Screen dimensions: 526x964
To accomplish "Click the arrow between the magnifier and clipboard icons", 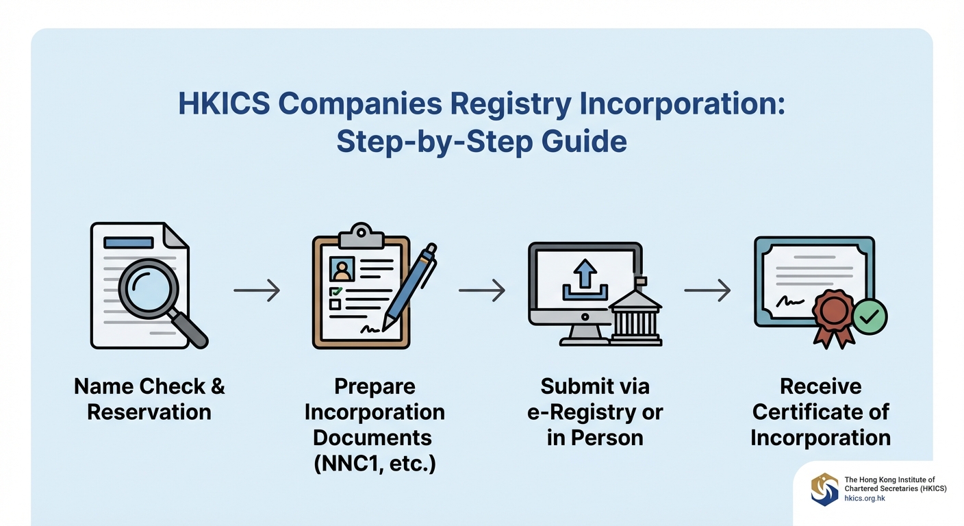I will click(x=257, y=290).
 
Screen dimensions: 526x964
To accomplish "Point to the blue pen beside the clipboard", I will click(x=410, y=287).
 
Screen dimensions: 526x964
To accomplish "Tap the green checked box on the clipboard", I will click(x=335, y=291).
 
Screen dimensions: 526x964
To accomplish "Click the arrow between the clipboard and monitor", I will click(x=481, y=290).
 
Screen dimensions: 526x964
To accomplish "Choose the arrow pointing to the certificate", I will click(x=707, y=290).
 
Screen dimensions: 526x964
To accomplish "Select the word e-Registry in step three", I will click(x=595, y=412).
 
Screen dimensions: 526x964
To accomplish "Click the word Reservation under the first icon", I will click(x=149, y=412).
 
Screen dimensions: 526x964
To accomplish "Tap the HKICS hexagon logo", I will click(x=824, y=489).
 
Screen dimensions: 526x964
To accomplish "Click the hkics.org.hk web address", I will click(x=865, y=499).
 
